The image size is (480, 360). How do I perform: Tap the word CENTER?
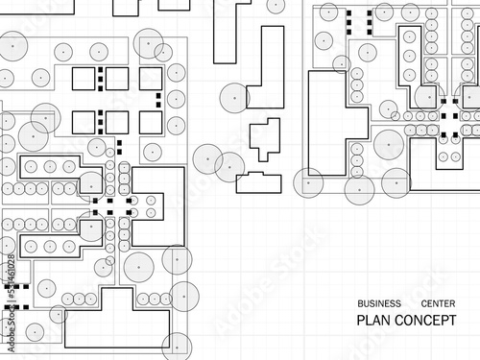tap(439, 301)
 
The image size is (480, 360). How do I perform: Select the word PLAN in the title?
tap(372, 321)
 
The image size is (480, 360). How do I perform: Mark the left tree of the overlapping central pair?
tap(208, 159)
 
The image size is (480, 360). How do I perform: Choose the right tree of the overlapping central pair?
tap(230, 165)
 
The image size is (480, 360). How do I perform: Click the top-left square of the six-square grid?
tap(84, 79)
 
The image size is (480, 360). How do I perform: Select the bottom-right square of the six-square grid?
tap(150, 122)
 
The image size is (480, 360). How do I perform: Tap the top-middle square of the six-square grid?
tap(116, 79)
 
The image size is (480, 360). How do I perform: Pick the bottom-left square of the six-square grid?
tap(84, 122)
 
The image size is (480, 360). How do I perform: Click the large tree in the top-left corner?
tap(14, 45)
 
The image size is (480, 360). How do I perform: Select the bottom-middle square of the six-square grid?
tap(116, 122)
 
